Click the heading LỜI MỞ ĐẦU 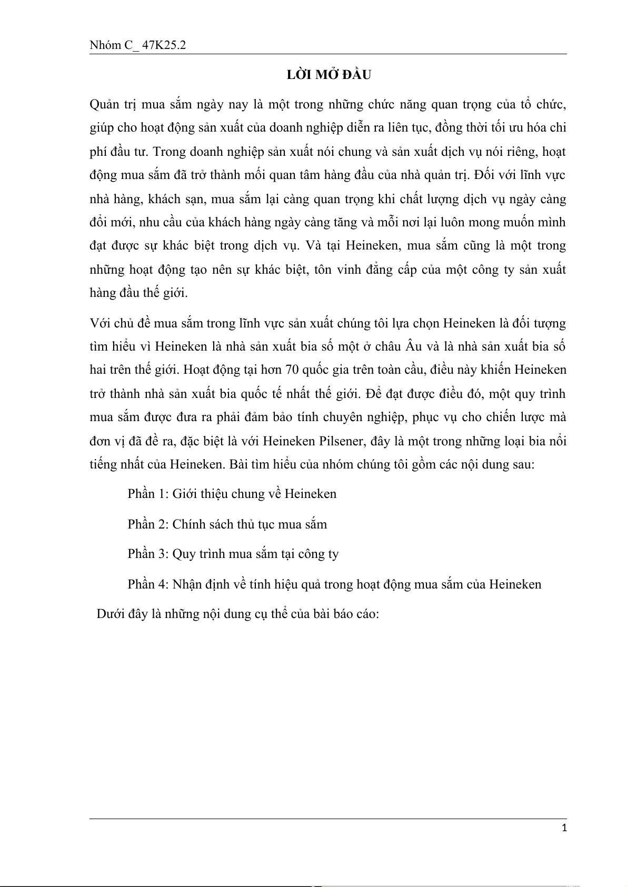[x=329, y=75]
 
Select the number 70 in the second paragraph [x=292, y=370]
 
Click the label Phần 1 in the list [x=148, y=494]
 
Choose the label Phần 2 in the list [x=148, y=524]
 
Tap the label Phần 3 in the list [x=148, y=554]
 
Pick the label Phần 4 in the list [x=148, y=584]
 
